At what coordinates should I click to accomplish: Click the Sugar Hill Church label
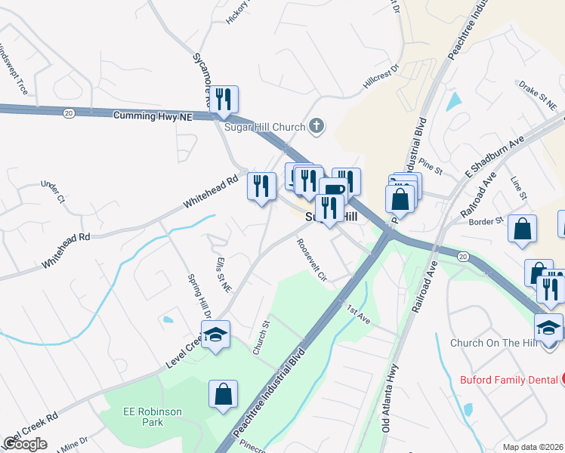point(264,127)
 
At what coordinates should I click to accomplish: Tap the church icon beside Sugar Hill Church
point(317,126)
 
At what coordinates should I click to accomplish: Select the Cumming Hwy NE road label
point(153,116)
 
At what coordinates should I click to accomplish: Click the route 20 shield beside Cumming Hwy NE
point(69,112)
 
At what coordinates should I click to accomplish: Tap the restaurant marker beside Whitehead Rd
point(261,186)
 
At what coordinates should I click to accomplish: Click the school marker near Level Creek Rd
point(215,333)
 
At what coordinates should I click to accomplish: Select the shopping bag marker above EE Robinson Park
point(224,394)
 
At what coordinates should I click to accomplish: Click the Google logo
point(25,444)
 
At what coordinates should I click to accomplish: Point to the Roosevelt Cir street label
point(311,261)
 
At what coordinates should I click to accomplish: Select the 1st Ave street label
point(358,315)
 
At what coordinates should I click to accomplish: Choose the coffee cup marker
point(332,189)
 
